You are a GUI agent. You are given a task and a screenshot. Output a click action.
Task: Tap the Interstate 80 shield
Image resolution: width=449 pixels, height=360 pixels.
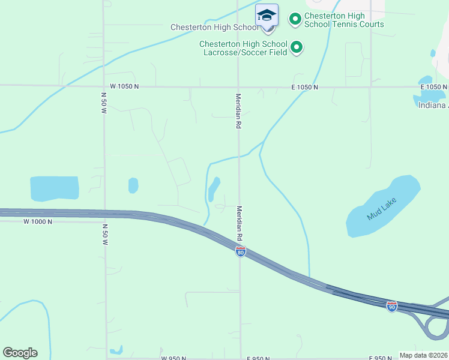(x=240, y=252)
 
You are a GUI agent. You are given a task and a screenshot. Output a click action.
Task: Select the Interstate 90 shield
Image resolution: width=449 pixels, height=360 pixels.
(x=391, y=306)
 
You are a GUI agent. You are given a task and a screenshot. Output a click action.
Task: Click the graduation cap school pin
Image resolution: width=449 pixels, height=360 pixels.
(x=267, y=14)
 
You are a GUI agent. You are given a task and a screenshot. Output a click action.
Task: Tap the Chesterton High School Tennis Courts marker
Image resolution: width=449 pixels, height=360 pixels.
(x=295, y=19)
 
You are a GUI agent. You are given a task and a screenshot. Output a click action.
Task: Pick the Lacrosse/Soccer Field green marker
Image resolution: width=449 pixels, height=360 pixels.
(x=296, y=47)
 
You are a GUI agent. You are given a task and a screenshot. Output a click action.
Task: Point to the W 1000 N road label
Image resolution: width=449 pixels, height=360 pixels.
(x=38, y=221)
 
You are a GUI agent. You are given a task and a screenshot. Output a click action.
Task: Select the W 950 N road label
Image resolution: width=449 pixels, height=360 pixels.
(x=173, y=358)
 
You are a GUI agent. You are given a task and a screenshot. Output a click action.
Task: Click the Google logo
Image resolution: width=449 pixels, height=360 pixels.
(x=20, y=353)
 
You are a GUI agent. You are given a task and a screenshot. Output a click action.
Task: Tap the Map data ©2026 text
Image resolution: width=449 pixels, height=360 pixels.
(x=423, y=355)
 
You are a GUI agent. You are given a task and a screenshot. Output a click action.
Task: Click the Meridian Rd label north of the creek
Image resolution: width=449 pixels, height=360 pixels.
(x=238, y=111)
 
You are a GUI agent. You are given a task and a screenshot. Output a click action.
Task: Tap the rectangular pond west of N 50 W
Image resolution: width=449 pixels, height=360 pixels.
(x=54, y=188)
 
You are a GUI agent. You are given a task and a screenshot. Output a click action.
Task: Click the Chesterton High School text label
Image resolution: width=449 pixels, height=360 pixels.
(x=205, y=27)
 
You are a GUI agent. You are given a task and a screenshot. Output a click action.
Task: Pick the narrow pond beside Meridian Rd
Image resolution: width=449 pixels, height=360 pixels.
(x=214, y=189)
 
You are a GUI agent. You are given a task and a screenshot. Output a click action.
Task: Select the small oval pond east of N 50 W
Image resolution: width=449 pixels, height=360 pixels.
(x=133, y=185)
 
